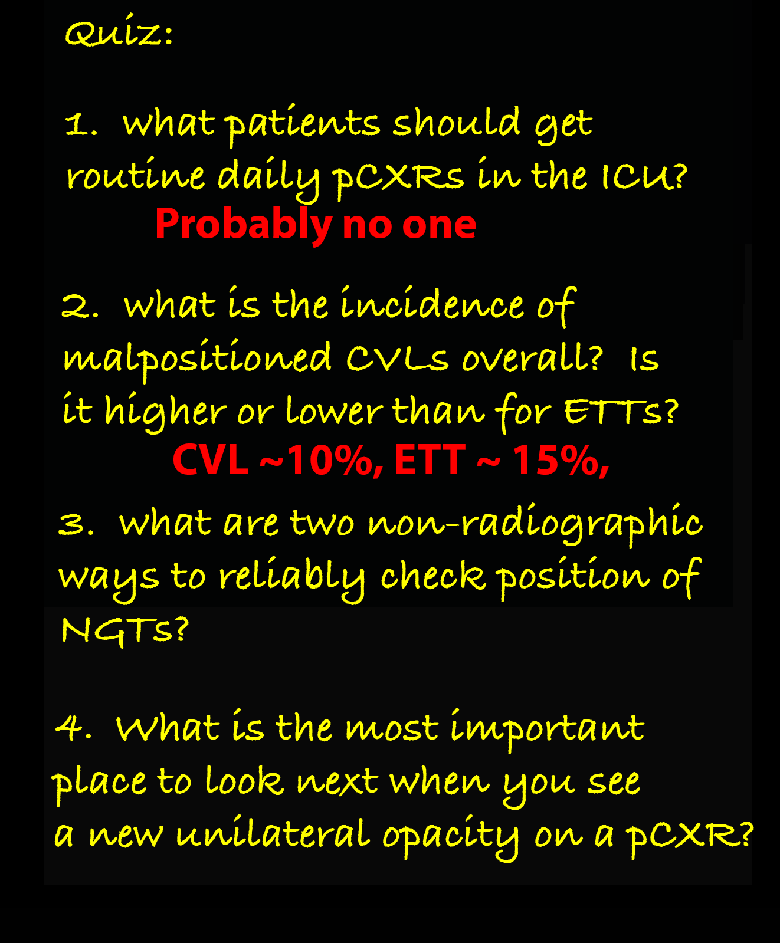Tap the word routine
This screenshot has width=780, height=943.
(x=136, y=176)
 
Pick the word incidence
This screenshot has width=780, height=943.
(x=432, y=305)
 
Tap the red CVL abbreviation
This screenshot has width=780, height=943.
(x=211, y=460)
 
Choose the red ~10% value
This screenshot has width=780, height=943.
(x=322, y=461)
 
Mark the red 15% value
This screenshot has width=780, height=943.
(x=561, y=461)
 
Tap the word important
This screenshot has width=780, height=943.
(x=547, y=729)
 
